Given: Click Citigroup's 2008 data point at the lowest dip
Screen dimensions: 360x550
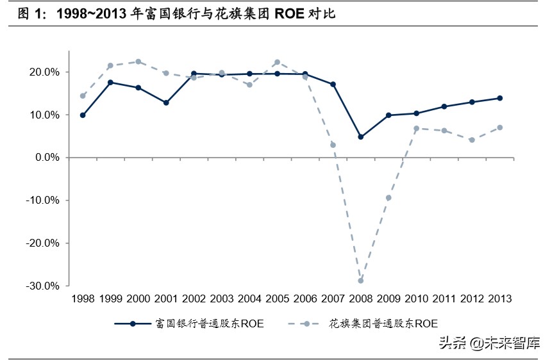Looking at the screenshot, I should pos(360,281).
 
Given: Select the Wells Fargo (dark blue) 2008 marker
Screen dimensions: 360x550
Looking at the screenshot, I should pos(360,137).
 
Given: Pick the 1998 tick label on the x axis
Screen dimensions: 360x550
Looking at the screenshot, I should pos(83,299).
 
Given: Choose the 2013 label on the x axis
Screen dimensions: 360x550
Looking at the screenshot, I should pos(499,299).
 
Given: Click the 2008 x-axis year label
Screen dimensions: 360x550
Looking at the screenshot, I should pos(360,299).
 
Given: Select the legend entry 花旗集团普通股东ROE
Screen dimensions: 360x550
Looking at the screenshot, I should pos(383,324).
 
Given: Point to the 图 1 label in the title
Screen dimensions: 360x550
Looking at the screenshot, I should pos(31,13).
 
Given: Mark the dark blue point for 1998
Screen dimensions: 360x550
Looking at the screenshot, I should pos(83,115).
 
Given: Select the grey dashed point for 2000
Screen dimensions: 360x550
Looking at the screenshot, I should pos(138,61).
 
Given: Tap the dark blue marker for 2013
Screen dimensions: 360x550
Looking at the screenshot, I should pos(499,98).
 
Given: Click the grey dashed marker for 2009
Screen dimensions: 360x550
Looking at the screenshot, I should pos(388,198).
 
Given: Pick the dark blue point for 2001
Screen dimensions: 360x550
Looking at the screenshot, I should pos(166,102).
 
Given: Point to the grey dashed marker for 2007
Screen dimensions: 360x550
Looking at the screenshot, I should pos(333,145).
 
